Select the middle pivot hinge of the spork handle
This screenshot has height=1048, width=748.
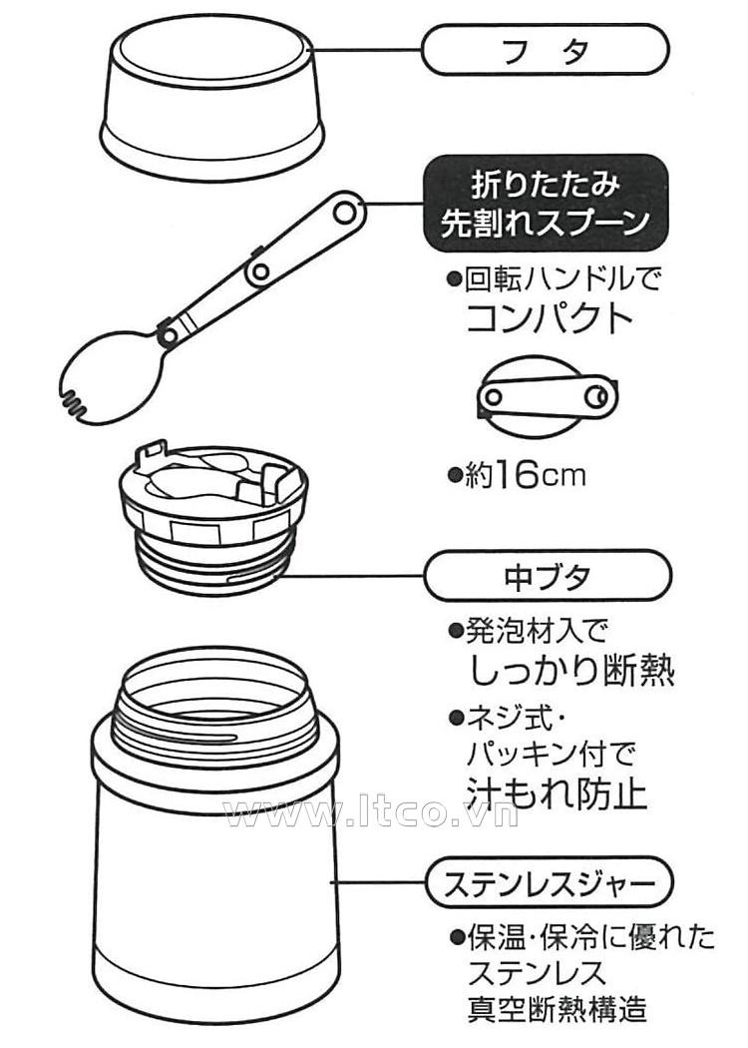click(261, 270)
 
